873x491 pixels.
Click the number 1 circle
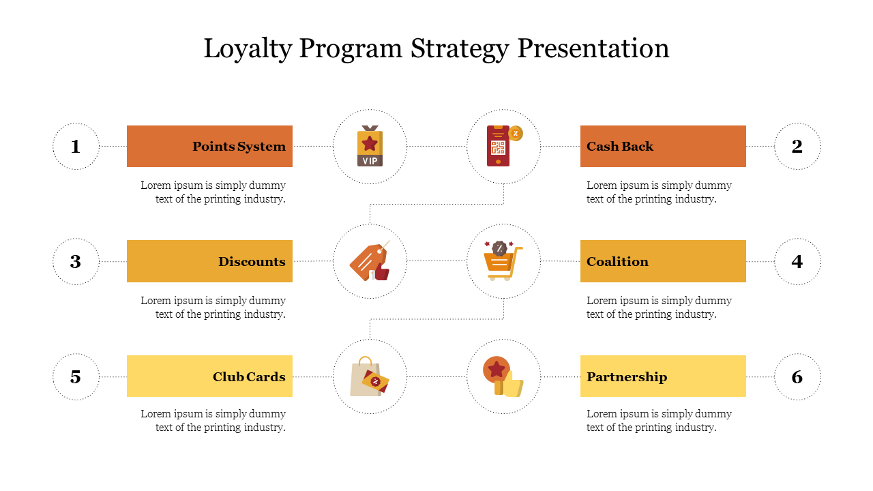76,146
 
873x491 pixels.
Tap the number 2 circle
797,146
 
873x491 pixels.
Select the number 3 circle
76,261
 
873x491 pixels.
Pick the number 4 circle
797,261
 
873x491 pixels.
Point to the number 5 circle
76,376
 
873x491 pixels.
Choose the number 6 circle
797,376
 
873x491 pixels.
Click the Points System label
239,147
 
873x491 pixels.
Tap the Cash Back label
620,147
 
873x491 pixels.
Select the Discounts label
252,262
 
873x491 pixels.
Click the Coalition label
617,262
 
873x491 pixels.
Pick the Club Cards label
249,377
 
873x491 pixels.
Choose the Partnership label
627,377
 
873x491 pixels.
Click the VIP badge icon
370,147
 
